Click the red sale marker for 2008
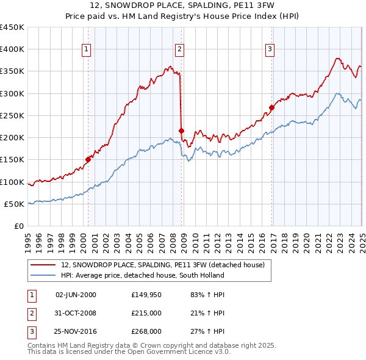[181, 131]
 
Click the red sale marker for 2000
[88, 159]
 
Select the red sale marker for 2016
[271, 107]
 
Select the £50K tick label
[15, 204]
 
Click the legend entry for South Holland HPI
[142, 275]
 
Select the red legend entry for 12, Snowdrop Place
[162, 265]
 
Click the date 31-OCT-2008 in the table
[76, 313]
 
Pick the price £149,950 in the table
[146, 295]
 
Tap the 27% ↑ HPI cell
[209, 331]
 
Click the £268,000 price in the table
[146, 331]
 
